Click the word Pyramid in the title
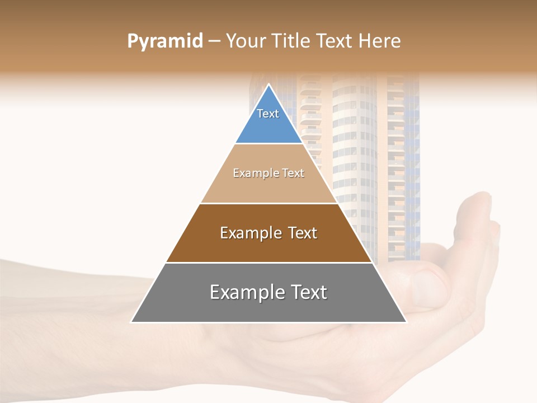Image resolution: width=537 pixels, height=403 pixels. (164, 41)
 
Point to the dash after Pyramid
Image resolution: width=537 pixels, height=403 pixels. (214, 41)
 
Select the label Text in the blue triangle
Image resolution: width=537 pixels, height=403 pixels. (268, 114)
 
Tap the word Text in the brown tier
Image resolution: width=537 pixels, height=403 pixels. (300, 233)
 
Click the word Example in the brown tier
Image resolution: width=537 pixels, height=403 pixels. (250, 233)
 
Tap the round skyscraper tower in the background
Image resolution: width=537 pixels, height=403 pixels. (355, 157)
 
